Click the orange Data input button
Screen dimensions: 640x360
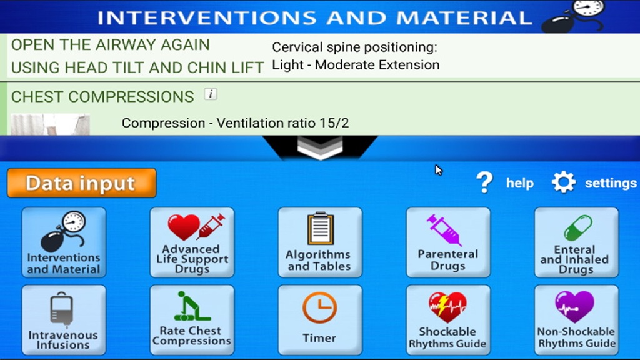click(82, 183)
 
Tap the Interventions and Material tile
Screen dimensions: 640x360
click(64, 242)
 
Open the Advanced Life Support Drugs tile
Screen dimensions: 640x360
click(192, 242)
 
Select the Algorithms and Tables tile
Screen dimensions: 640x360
click(320, 242)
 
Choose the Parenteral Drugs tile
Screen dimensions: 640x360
click(448, 242)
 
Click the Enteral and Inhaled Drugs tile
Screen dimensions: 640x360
click(576, 242)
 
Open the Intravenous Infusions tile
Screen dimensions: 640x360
click(64, 320)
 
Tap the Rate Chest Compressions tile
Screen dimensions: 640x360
click(192, 320)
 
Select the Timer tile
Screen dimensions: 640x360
click(320, 320)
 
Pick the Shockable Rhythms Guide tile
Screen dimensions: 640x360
click(448, 320)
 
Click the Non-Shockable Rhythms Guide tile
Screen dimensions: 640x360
click(576, 320)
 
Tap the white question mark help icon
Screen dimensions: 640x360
click(484, 182)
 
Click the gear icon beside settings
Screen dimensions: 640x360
click(564, 182)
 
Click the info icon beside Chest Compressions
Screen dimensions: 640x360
click(211, 94)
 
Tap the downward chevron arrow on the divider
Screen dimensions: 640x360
click(320, 147)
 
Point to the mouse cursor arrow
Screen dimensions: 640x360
click(438, 170)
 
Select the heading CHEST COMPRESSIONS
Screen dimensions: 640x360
click(102, 97)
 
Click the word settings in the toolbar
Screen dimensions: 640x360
click(611, 183)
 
